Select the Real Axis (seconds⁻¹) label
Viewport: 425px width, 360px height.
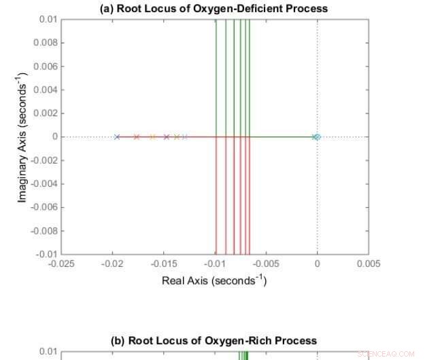pyautogui.click(x=214, y=280)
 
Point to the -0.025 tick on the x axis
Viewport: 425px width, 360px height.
pyautogui.click(x=62, y=264)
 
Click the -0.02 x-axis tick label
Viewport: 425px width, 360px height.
pyautogui.click(x=113, y=264)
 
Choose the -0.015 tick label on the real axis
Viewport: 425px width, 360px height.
pyautogui.click(x=164, y=264)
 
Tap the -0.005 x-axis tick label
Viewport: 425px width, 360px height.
pyautogui.click(x=266, y=264)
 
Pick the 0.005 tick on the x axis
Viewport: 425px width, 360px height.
pyautogui.click(x=368, y=264)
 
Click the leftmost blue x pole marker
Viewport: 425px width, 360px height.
pyautogui.click(x=117, y=137)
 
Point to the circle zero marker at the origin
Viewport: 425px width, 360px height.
pyautogui.click(x=317, y=137)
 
